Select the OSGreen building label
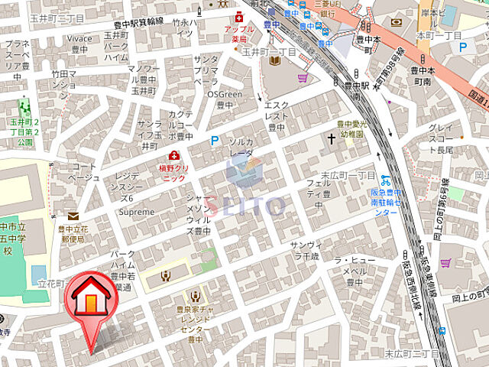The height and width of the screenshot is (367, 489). coord(224,99)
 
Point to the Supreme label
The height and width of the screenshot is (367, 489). coord(138,212)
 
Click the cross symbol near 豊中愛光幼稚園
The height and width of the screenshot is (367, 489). coord(332,139)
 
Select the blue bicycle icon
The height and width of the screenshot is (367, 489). coord(387,181)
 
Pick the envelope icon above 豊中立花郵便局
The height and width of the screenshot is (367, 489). coord(73,216)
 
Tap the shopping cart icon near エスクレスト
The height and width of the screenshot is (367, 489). coord(303,77)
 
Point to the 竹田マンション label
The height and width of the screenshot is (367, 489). coord(64,80)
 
